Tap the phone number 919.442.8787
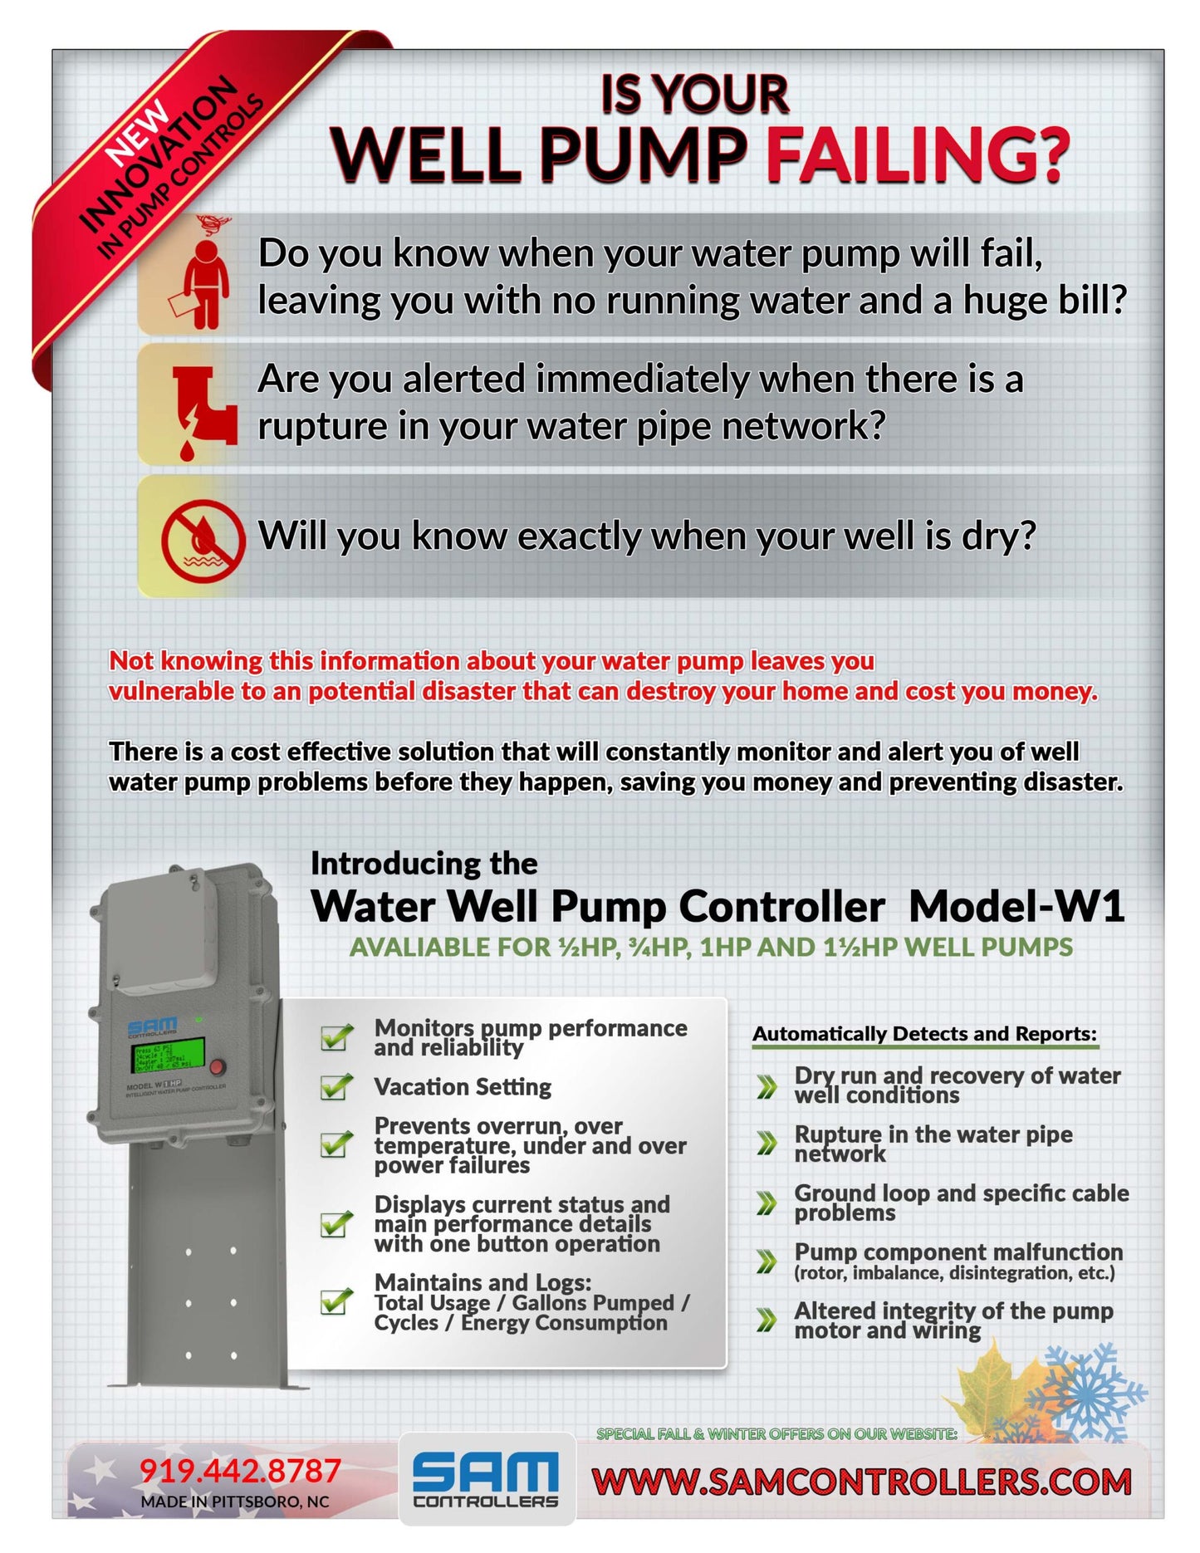click(240, 1471)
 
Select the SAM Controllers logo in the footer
click(487, 1479)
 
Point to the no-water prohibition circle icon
click(203, 541)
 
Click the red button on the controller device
click(218, 1066)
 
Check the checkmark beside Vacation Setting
click(336, 1086)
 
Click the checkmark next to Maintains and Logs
click(336, 1301)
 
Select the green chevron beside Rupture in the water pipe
click(767, 1144)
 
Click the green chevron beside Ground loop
click(767, 1203)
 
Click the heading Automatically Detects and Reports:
click(924, 1034)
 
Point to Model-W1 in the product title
click(1016, 906)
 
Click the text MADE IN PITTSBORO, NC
click(235, 1502)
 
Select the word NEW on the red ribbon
click(137, 133)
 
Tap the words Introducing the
click(424, 864)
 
